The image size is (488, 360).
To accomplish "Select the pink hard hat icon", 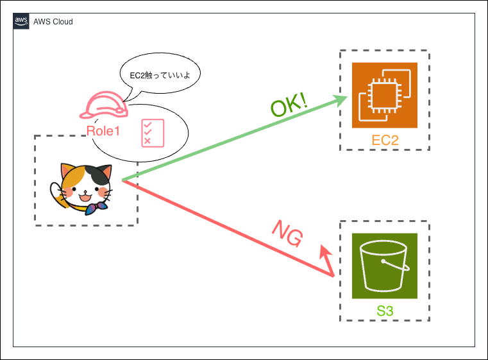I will [104, 106].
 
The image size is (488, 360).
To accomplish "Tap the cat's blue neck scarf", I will [96, 208].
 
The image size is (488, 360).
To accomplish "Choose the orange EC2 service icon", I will [385, 95].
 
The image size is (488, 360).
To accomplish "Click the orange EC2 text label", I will [385, 139].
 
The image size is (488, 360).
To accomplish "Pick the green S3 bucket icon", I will [385, 266].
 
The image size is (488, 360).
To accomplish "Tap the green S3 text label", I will [385, 312].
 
